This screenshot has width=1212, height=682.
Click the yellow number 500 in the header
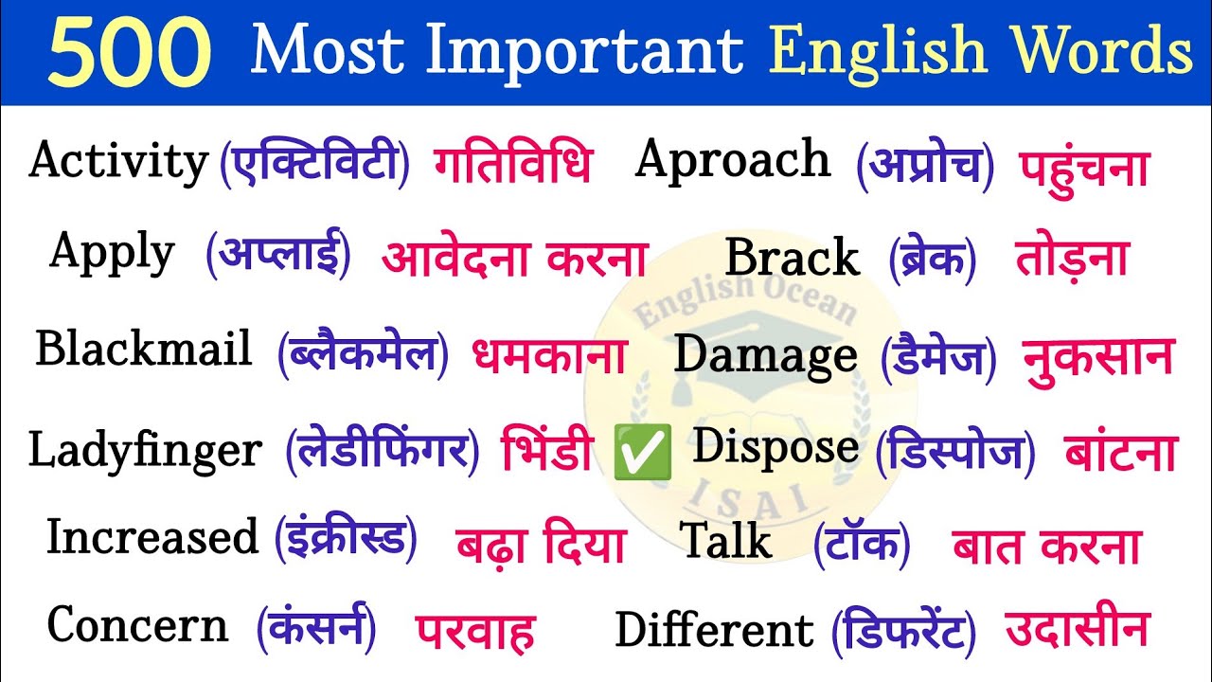(129, 53)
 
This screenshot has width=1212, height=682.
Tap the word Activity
(118, 162)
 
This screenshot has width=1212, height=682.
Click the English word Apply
(112, 254)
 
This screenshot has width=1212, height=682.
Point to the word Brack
(792, 258)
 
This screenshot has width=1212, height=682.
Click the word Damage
(765, 356)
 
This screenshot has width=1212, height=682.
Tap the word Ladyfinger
(144, 450)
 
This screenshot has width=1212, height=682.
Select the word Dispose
(775, 448)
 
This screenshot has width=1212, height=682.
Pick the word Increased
(152, 538)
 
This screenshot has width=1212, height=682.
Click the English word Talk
(726, 542)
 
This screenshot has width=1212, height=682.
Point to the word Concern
(137, 626)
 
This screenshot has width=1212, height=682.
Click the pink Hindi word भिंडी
(547, 452)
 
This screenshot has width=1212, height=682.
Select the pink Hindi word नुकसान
(1097, 358)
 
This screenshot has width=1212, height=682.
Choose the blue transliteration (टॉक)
(862, 544)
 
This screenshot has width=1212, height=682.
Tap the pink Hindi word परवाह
(474, 630)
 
